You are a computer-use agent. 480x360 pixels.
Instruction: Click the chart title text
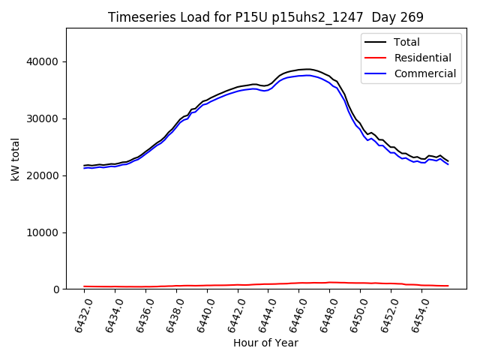pyautogui.click(x=265, y=17)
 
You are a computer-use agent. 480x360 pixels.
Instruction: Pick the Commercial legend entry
pyautogui.click(x=424, y=73)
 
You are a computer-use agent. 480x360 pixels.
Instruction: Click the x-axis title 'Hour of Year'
pyautogui.click(x=265, y=343)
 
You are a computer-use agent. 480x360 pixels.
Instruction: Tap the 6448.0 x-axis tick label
pyautogui.click(x=324, y=313)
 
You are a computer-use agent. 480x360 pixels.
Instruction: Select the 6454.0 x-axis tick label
pyautogui.click(x=416, y=313)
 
